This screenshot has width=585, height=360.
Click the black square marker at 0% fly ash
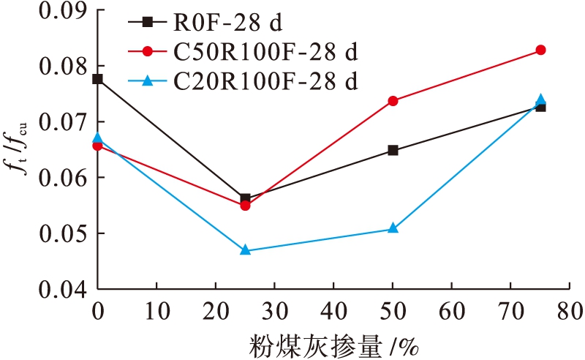98,79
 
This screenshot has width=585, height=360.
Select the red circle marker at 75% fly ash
540,50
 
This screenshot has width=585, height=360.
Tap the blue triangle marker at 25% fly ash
245,250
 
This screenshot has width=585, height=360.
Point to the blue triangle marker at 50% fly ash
393,228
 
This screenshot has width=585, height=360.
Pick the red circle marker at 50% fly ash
393,101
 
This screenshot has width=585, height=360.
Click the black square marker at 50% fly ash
393,151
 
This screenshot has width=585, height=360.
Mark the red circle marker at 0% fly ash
98,146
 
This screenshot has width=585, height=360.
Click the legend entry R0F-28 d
228,23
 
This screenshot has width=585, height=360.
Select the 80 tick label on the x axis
570,310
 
